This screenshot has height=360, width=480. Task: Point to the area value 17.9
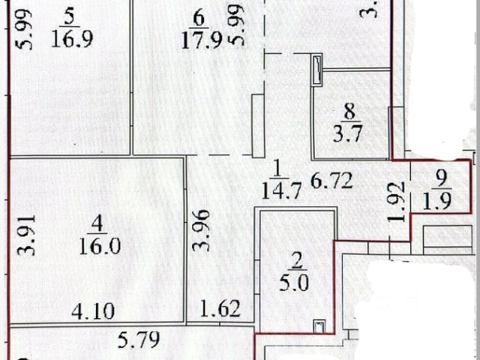[x=199, y=40]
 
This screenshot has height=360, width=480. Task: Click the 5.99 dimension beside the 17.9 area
[x=238, y=30]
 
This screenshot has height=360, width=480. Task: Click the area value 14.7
[x=277, y=190]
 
